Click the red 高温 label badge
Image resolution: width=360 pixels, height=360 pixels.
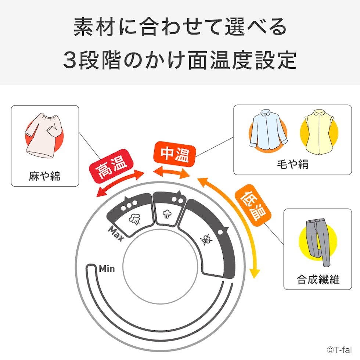(x=111, y=166)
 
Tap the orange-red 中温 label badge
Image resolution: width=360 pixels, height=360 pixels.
(x=174, y=154)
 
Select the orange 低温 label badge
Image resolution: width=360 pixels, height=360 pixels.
(x=253, y=205)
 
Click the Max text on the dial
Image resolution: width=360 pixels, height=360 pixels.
(x=116, y=234)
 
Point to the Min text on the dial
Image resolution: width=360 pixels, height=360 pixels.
(x=107, y=269)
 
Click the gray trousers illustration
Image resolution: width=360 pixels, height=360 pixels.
(x=318, y=242)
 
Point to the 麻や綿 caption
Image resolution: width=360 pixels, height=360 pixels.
(x=44, y=176)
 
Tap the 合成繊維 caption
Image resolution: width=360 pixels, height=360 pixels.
(x=318, y=280)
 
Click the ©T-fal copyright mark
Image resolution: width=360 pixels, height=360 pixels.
(x=339, y=350)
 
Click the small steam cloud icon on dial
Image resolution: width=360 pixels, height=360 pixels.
(x=167, y=214)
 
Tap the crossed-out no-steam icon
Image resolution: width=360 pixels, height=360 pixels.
(x=206, y=240)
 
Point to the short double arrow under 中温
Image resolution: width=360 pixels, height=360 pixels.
(x=172, y=173)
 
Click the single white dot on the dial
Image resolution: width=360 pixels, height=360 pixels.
(x=220, y=232)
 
